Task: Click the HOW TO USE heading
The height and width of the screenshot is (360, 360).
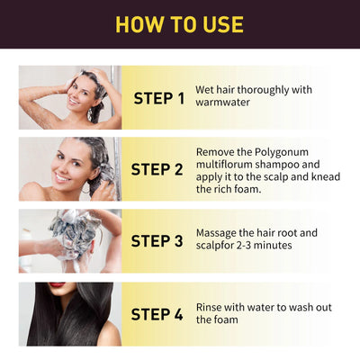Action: [x=180, y=24]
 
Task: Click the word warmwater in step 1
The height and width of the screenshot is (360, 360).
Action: [x=222, y=103]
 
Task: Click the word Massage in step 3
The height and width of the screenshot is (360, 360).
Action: [x=218, y=233]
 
